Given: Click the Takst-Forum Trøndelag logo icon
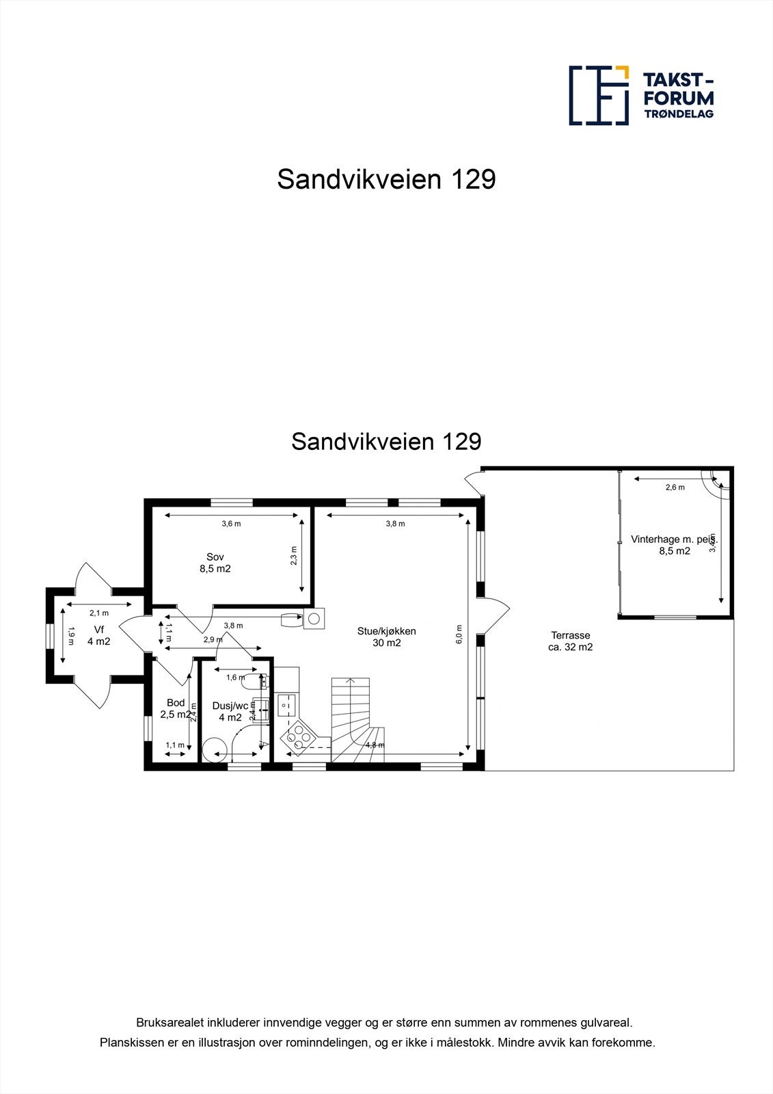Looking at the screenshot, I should pos(599,96).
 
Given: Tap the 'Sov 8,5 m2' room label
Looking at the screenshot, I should pos(215,563).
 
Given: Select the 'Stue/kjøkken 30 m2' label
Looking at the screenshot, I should pos(386,637).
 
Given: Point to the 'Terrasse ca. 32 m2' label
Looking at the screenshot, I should pos(570,641).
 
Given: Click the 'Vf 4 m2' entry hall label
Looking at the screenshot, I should pos(98,636).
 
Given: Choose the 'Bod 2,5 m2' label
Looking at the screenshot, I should pos(176,708).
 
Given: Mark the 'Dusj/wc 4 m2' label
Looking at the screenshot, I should pos(230,712).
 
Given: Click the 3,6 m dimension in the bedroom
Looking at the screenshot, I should pos(231,524).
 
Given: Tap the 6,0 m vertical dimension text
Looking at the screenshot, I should pos(459,635).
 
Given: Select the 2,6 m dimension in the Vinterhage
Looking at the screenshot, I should pos(675,488).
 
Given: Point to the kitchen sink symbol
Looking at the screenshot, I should pos(287,702).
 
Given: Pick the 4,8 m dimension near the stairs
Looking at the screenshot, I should pos(375,745).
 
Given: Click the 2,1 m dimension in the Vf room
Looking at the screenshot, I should pos(98,613).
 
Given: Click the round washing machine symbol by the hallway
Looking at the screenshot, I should pos(314,619).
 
